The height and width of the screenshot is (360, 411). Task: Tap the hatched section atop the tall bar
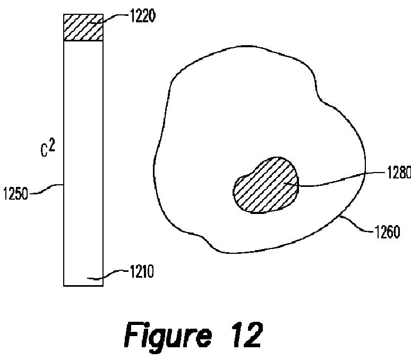pos(83,28)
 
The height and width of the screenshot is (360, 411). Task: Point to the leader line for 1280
pos(340,179)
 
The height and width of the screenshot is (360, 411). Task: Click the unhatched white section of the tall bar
pos(83,159)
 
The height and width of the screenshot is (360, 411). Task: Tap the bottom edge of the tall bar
pos(83,286)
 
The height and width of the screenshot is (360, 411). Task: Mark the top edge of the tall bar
pos(83,14)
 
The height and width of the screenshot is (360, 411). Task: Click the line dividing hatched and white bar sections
pos(83,41)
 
